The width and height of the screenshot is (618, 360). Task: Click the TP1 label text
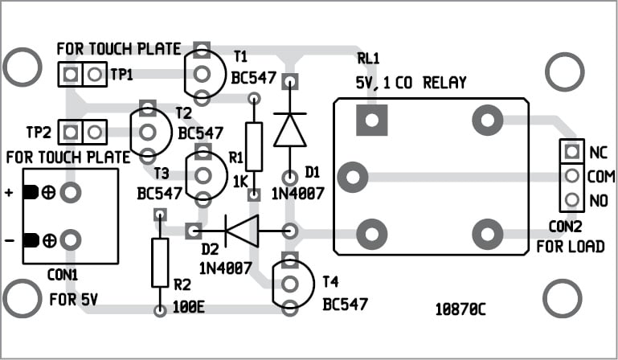point(123,75)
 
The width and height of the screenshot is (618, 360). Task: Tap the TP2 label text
point(39,131)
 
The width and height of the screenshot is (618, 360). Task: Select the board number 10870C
point(460,309)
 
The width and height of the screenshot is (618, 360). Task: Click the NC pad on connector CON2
point(571,150)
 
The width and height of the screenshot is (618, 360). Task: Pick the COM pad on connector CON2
point(571,174)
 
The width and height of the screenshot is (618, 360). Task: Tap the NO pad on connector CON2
point(571,198)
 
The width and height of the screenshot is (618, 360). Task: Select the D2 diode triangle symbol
point(241,231)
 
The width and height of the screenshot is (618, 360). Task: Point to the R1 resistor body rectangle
point(254,147)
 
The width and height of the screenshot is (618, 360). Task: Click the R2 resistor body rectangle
point(160,262)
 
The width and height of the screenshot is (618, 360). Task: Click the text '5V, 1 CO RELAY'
point(411,83)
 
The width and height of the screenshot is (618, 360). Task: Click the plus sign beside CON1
point(10,193)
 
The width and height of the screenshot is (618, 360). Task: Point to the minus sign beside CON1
point(10,239)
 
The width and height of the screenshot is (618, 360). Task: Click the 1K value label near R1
point(239,182)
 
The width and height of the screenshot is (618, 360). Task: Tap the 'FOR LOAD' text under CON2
point(571,246)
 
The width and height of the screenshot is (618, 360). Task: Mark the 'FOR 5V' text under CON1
point(73,301)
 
